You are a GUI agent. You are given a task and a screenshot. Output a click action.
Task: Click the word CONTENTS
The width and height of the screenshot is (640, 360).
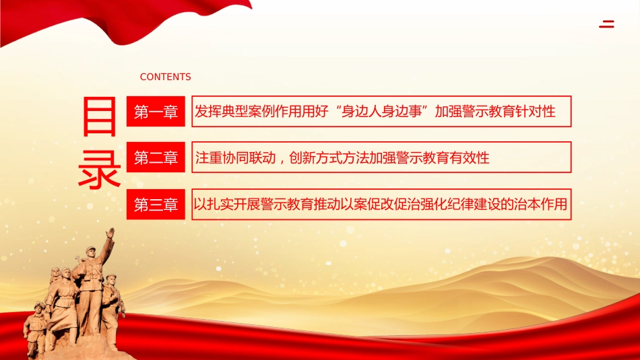point(165,77)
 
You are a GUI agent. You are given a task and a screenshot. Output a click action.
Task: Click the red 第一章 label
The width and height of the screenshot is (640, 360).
point(156,112)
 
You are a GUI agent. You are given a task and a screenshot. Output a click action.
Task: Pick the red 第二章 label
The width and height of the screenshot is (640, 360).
point(156,158)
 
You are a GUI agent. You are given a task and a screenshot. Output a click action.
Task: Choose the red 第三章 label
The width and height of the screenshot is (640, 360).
point(156,205)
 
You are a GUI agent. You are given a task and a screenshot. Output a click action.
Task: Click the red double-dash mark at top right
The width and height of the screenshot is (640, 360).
point(606,25)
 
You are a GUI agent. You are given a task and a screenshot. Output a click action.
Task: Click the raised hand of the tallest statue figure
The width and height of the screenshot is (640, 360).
point(110,233)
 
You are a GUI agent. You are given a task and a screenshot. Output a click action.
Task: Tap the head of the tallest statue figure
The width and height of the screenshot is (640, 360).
point(92,252)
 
